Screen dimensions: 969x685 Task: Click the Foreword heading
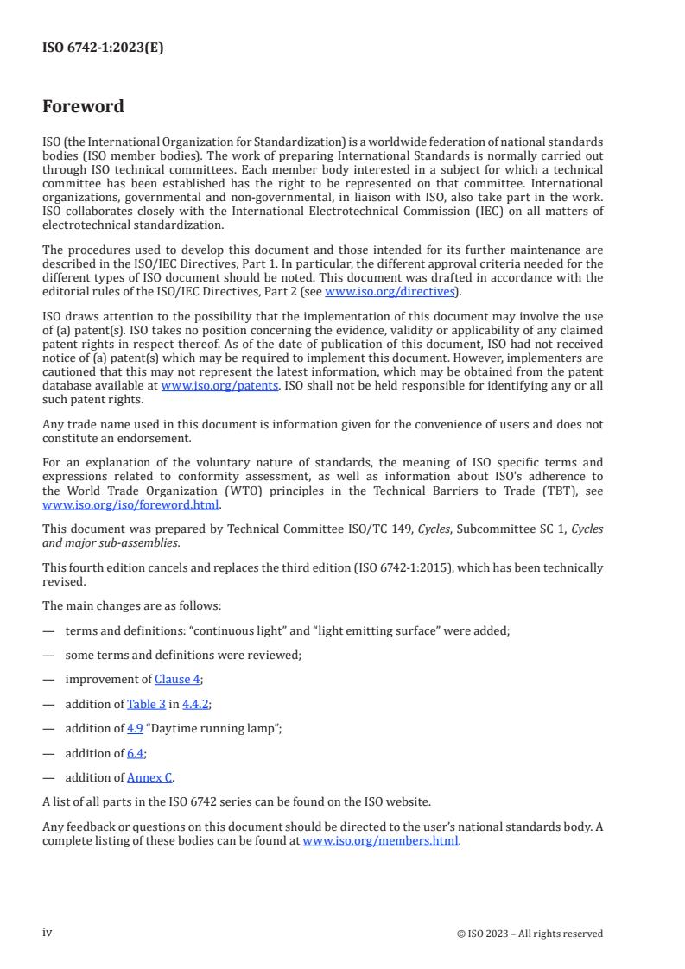click(83, 107)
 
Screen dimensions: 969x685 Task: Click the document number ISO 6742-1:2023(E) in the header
click(103, 48)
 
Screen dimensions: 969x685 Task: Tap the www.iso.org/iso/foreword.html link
click(131, 505)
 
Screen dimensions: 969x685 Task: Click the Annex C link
click(149, 777)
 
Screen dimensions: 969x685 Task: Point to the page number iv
click(48, 933)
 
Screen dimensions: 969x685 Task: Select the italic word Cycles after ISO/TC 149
click(436, 529)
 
